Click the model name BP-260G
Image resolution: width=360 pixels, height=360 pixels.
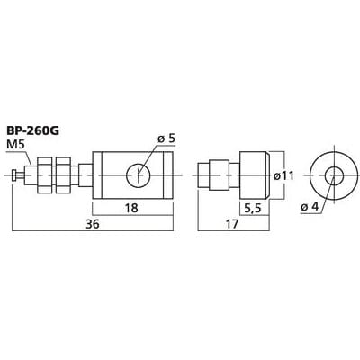click(x=33, y=131)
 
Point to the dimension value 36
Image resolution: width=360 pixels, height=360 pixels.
click(x=93, y=224)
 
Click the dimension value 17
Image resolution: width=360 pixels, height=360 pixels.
click(x=232, y=224)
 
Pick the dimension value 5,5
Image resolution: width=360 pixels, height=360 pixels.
click(x=253, y=209)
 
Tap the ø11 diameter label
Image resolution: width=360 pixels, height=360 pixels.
click(x=283, y=175)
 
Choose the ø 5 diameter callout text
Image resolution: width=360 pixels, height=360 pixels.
click(x=166, y=139)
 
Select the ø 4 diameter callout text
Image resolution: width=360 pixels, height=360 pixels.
click(x=309, y=207)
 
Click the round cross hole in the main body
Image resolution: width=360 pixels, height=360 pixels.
click(x=139, y=175)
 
